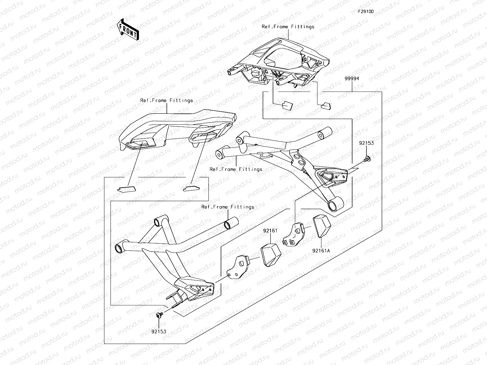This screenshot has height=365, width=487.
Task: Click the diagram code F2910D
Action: pos(366,12)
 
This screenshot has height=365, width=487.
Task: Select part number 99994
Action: pos(352,78)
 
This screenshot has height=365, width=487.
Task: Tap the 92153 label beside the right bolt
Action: pos(366,143)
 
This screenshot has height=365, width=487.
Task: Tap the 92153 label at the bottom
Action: pos(159,332)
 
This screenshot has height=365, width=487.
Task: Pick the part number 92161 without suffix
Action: pos(270,231)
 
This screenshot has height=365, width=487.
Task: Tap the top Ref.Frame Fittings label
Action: pos(288,27)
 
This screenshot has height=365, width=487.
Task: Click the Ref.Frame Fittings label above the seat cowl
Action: pos(166,100)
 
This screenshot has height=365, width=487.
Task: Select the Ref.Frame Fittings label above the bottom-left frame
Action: pos(228,207)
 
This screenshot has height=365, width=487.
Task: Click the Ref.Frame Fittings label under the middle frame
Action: pos(236,169)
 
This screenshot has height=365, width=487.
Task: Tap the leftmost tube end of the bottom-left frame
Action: pos(118,248)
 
